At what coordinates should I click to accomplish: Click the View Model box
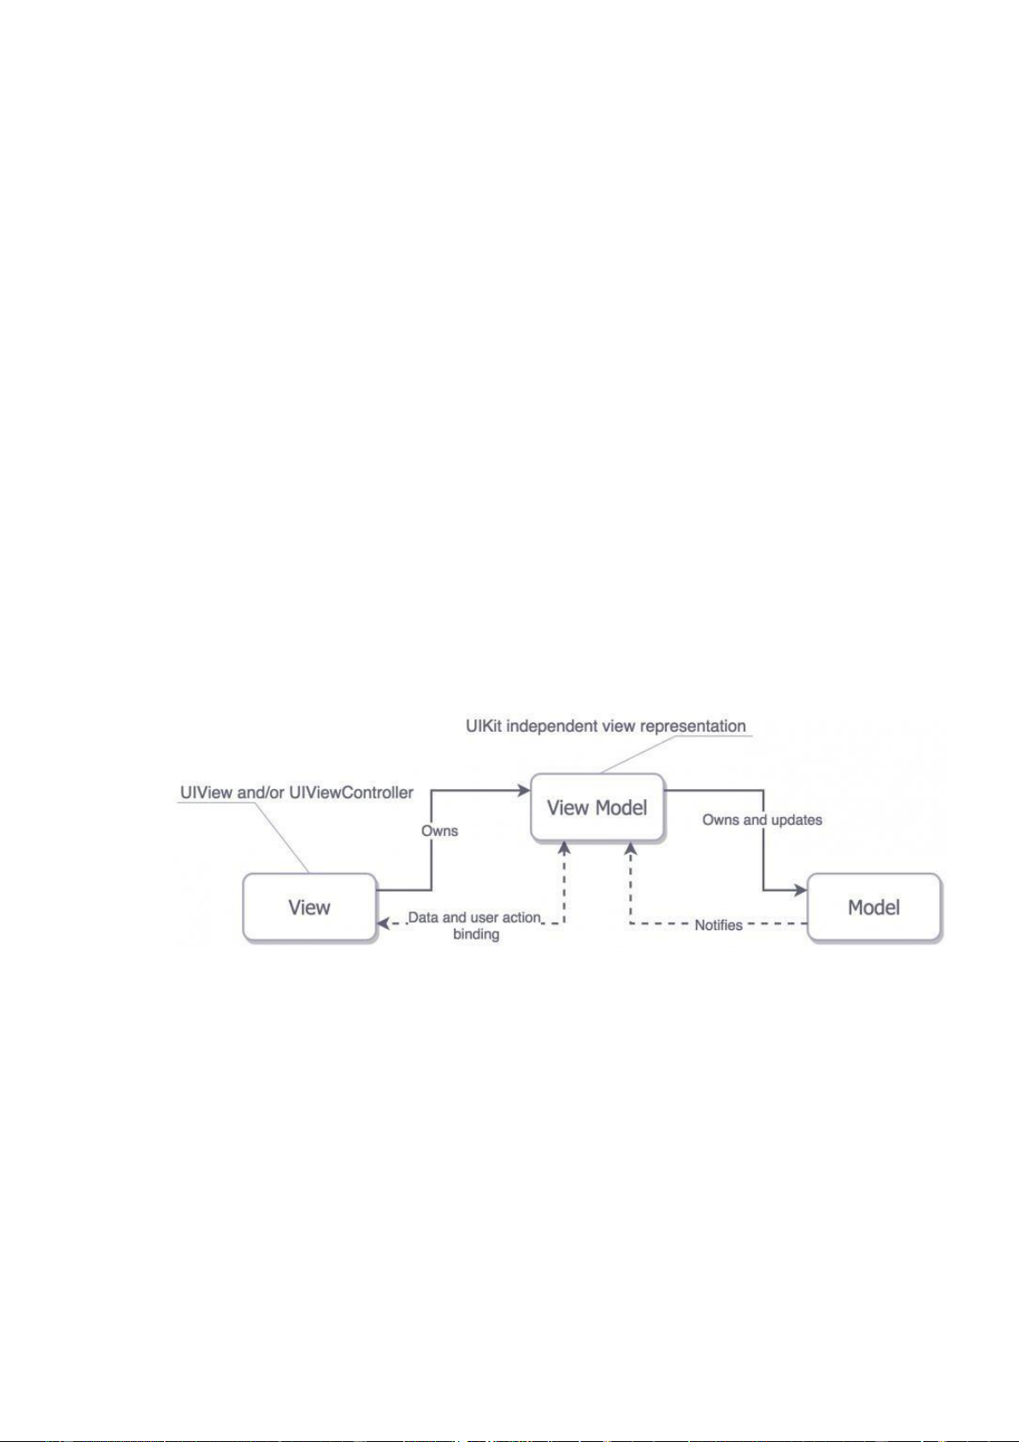tap(597, 808)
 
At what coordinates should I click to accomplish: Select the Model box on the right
tap(874, 907)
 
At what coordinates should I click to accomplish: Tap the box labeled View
tap(309, 907)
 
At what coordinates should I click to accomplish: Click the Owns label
tap(439, 830)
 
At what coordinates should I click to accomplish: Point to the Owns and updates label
tap(762, 820)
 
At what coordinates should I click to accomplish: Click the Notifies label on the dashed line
tap(718, 925)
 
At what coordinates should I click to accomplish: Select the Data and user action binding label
tap(475, 926)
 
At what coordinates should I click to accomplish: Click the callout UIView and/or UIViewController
tap(297, 792)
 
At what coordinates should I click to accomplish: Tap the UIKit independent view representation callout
tap(605, 726)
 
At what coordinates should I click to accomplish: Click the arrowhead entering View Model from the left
tap(524, 791)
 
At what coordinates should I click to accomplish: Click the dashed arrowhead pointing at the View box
tap(384, 923)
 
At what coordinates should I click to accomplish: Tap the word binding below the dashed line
tap(476, 934)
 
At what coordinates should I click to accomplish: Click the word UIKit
tap(484, 726)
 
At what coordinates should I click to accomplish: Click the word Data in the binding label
tap(424, 917)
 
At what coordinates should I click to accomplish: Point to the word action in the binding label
tap(521, 917)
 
